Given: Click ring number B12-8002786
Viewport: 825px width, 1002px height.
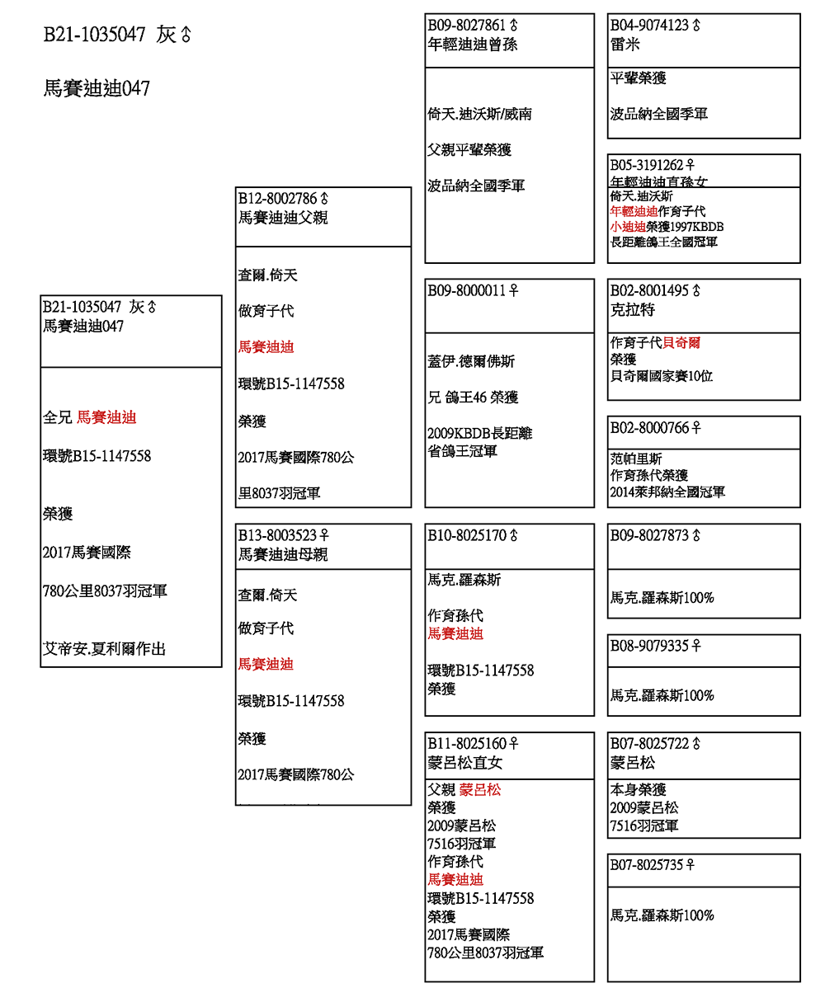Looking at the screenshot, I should pos(278,199).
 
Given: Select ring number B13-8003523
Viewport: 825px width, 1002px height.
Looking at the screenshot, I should pos(278,535).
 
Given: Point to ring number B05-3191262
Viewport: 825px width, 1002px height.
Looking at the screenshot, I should pos(647,165).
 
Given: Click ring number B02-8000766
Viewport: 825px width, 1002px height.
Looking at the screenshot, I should pos(649,427).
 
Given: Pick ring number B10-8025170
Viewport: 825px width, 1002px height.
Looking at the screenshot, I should pos(467,535).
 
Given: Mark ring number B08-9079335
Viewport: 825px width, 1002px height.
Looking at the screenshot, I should pos(649,646).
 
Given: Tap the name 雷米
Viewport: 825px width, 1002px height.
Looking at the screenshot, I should pos(625,45).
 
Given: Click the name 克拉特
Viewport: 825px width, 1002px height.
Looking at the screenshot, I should pos(633,310).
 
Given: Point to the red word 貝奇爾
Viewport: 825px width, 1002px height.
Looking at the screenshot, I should pos(681,342).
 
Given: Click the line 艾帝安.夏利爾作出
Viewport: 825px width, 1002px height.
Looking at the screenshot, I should pos(104,649).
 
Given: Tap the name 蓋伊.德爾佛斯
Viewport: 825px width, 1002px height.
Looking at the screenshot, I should pos(471,361).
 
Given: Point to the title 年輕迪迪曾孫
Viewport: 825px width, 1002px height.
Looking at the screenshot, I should pos(473,45).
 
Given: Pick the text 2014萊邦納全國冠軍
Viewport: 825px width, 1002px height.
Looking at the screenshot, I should pos(667,492).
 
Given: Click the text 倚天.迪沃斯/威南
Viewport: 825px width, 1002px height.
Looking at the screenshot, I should pos(479,114).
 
